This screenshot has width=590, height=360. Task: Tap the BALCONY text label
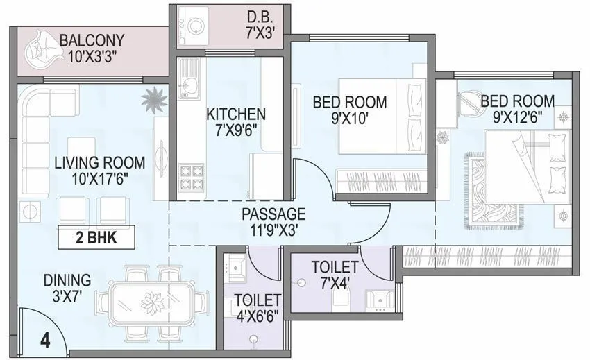pyautogui.click(x=91, y=40)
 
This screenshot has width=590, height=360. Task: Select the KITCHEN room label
pyautogui.click(x=236, y=114)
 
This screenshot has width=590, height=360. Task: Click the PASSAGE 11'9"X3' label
pyautogui.click(x=273, y=214)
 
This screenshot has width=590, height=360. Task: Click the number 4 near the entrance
pyautogui.click(x=45, y=341)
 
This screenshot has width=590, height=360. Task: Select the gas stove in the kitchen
pyautogui.click(x=191, y=178)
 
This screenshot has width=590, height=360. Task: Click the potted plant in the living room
pyautogui.click(x=153, y=101)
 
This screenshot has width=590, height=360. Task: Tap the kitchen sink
pyautogui.click(x=187, y=85)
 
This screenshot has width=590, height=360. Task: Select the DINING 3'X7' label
pyautogui.click(x=67, y=289)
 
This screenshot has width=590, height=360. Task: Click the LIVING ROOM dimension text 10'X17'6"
pyautogui.click(x=100, y=178)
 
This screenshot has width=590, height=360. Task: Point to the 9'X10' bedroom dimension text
pyautogui.click(x=349, y=117)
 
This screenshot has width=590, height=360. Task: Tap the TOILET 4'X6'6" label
pyautogui.click(x=257, y=309)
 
